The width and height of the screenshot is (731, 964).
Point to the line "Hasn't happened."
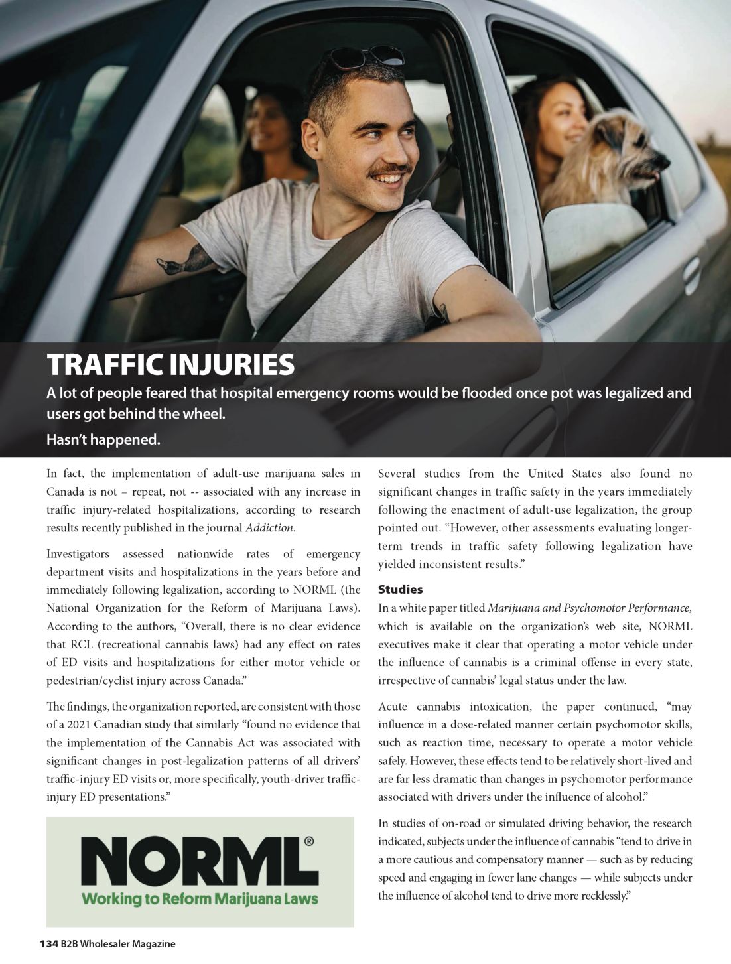(x=103, y=439)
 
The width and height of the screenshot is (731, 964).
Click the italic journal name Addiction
(x=270, y=528)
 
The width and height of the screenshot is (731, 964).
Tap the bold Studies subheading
(x=400, y=589)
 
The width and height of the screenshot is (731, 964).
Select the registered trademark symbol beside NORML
(x=308, y=842)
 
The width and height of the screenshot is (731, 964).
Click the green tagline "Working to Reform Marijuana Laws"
(x=199, y=900)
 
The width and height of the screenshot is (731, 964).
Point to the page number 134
(x=48, y=943)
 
